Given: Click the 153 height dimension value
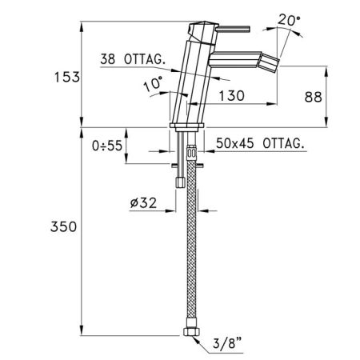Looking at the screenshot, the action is pyautogui.click(x=67, y=77).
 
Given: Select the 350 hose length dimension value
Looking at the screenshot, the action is pyautogui.click(x=63, y=226).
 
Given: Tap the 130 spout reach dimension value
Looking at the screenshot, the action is pyautogui.click(x=231, y=96).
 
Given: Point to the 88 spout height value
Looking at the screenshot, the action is pyautogui.click(x=314, y=97).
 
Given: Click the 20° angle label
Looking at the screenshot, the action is pyautogui.click(x=289, y=20).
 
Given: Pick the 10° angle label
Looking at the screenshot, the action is pyautogui.click(x=153, y=83).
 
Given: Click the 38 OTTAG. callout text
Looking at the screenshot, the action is pyautogui.click(x=133, y=59).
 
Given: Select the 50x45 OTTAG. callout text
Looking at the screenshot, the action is pyautogui.click(x=260, y=143).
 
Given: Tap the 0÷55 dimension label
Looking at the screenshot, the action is pyautogui.click(x=107, y=146).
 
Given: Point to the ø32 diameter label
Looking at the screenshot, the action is pyautogui.click(x=143, y=203).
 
